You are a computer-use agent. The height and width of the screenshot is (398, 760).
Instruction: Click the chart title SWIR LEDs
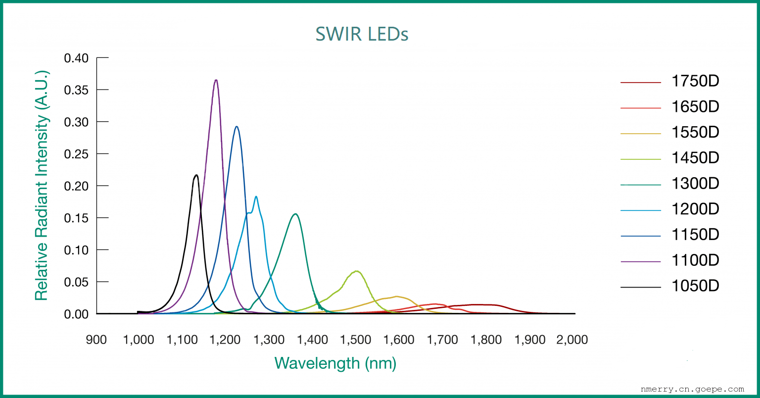coord(362,34)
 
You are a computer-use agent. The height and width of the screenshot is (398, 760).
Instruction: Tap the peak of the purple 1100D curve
coord(216,80)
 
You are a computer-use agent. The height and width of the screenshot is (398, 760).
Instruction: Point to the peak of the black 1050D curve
coord(196,175)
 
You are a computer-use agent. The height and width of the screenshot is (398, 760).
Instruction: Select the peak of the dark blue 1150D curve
coord(237,127)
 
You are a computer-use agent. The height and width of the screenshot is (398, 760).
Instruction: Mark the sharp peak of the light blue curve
coord(256,197)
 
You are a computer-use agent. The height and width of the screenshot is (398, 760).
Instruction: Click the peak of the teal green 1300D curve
coord(295,214)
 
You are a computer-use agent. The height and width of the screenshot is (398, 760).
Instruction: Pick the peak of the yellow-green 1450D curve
coord(356,271)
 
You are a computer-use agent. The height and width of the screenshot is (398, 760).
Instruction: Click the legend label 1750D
coord(695,81)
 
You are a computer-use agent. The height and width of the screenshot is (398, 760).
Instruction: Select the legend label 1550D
coord(695,133)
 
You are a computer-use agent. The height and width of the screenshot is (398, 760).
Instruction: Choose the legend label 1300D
coord(695,184)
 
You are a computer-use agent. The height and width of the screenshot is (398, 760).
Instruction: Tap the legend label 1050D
coord(695,286)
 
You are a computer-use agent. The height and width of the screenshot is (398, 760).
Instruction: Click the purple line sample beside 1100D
coord(640,261)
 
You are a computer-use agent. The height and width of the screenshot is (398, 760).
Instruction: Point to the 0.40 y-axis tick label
coord(76,58)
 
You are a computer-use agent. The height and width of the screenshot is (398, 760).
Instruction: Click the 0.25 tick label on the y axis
coord(76,154)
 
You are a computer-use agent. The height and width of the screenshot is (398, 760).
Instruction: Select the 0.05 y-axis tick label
coord(76,282)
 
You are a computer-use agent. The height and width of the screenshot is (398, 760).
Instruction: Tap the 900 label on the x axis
coord(96,340)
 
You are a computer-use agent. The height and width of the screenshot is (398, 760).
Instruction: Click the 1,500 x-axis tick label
coord(356,340)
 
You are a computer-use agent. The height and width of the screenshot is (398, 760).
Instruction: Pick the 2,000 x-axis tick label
coord(572,340)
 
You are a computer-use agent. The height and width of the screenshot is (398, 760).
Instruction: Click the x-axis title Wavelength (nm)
coord(335,363)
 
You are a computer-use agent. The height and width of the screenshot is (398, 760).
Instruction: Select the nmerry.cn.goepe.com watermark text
coord(692,389)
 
